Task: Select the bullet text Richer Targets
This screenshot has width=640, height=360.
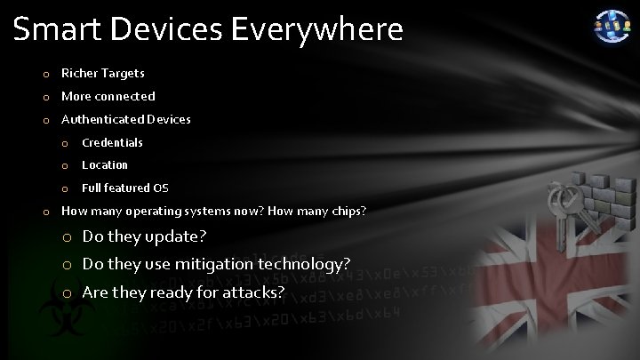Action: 102,73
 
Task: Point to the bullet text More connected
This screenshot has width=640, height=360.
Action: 108,96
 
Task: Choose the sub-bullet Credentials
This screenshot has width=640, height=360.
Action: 112,142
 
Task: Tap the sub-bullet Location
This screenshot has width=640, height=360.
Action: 105,164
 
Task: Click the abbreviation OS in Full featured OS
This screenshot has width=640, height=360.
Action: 161,188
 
